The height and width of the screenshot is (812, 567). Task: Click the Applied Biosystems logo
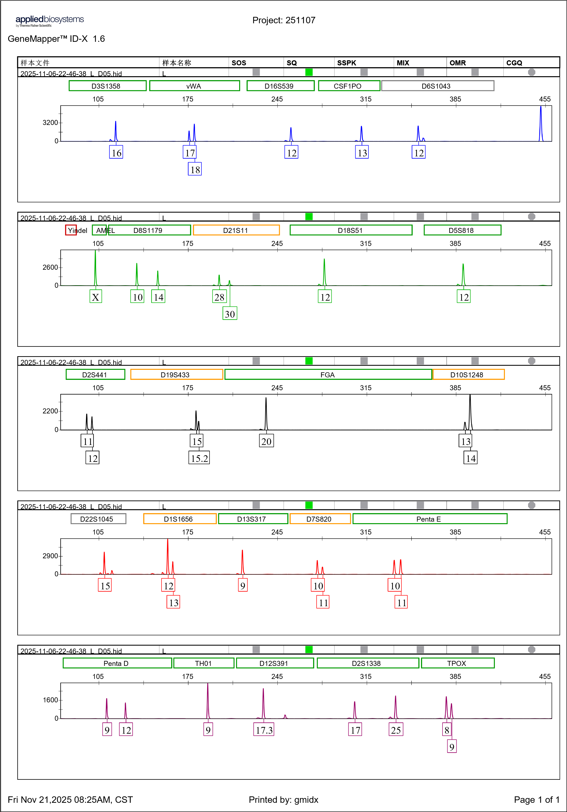click(x=49, y=21)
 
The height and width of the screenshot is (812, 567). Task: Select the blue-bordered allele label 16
click(x=116, y=152)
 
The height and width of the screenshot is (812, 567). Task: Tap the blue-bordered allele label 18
click(x=194, y=169)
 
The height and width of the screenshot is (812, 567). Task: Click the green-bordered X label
click(x=96, y=296)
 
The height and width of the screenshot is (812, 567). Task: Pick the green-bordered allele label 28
click(x=219, y=296)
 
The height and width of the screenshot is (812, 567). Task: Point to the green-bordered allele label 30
click(x=230, y=313)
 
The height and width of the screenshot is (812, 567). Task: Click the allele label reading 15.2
click(x=199, y=458)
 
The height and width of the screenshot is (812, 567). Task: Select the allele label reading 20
click(x=266, y=441)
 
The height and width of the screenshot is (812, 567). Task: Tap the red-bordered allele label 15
click(x=105, y=585)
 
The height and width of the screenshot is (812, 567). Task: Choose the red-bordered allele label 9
click(x=243, y=585)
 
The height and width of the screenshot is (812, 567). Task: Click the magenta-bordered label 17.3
click(x=264, y=730)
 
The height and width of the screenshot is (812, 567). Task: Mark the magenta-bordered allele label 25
click(x=396, y=730)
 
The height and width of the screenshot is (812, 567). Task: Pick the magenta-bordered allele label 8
click(x=447, y=730)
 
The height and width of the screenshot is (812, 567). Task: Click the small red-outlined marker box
click(x=71, y=230)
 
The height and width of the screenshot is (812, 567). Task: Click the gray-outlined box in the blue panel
click(x=437, y=86)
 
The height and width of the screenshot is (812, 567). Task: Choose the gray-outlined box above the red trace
click(x=98, y=518)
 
